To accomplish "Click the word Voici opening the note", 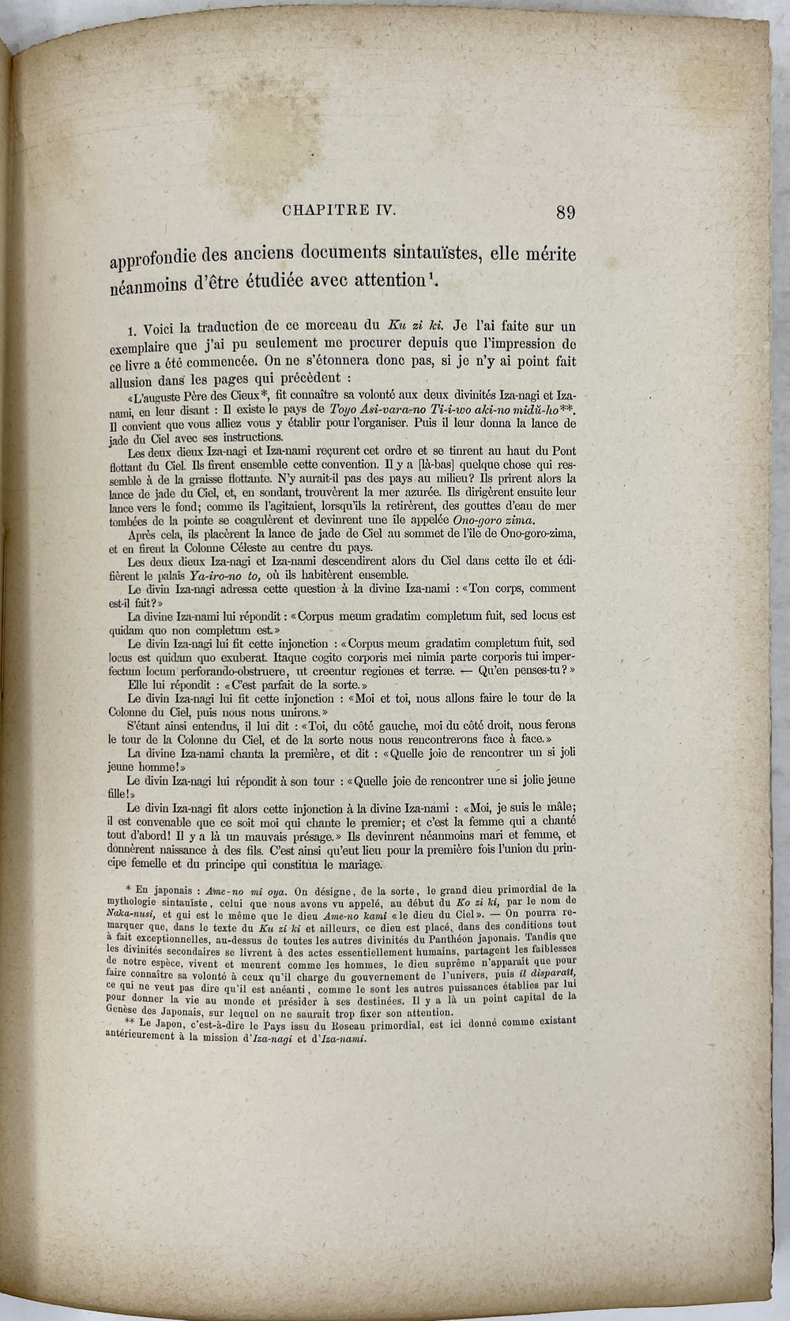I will pyautogui.click(x=165, y=326).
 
